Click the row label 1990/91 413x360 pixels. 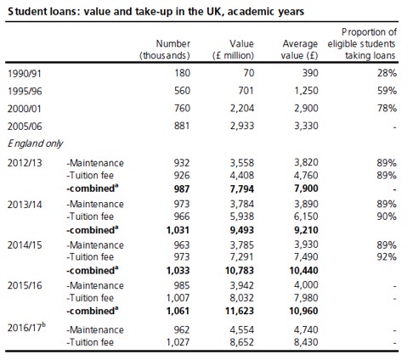[25, 74]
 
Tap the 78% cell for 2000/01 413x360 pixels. [387, 108]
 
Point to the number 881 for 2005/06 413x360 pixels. [182, 126]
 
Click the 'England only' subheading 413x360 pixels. [35, 143]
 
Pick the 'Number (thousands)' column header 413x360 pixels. [165, 49]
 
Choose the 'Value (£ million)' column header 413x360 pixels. [233, 49]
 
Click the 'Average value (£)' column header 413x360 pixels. [300, 49]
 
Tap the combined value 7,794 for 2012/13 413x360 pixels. [242, 188]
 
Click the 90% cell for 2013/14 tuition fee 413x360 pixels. [387, 217]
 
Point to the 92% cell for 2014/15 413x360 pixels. [387, 257]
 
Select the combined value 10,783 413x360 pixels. [240, 271]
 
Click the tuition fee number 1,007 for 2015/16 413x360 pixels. [178, 298]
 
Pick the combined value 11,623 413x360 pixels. [240, 311]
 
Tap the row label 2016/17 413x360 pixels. [26, 328]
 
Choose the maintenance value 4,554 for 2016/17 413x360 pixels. [242, 330]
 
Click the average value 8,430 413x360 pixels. [306, 342]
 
